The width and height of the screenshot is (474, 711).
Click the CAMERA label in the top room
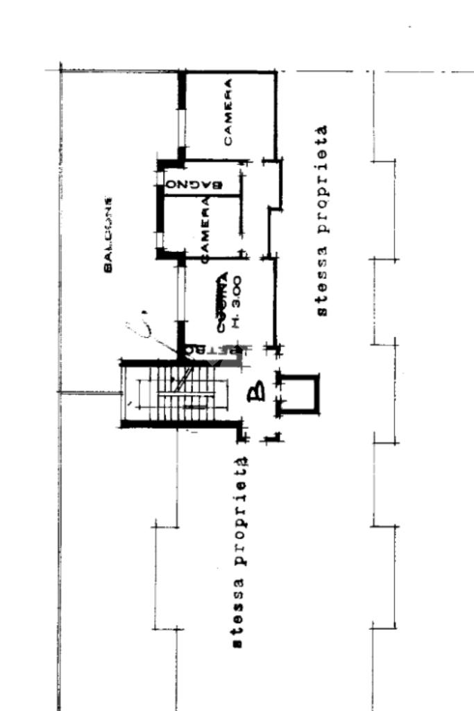tap(228, 112)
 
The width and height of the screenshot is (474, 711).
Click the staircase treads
tap(182, 393)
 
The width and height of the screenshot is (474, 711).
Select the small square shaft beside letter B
tap(301, 394)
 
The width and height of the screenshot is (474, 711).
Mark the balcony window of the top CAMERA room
tap(182, 117)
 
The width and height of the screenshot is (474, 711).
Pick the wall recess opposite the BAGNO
tap(276, 185)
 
